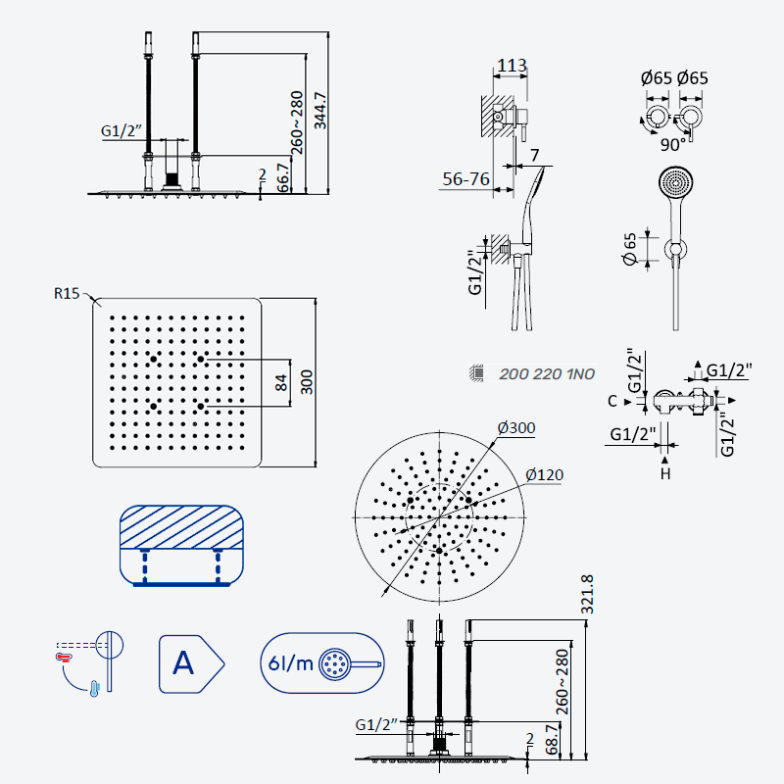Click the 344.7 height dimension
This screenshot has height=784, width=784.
320,111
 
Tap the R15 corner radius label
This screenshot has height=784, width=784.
67,293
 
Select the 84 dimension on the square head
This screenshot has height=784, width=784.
281,382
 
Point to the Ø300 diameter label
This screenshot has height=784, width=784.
516,428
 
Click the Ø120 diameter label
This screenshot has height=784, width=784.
544,474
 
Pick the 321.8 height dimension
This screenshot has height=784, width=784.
587,595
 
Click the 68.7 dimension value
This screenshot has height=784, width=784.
552,740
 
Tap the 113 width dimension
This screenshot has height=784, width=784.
512,65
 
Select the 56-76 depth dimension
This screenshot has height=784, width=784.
466,179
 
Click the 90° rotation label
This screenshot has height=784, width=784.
672,144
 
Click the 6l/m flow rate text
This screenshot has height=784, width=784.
290,663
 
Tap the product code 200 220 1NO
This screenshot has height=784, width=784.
547,374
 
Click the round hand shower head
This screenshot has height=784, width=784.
675,183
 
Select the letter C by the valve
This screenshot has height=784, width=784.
612,402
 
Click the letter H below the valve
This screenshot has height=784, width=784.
665,473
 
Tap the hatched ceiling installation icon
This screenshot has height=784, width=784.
181,546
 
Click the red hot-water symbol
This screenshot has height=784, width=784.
64,657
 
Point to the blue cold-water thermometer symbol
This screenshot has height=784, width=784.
94,689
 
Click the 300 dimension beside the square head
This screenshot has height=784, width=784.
307,382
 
